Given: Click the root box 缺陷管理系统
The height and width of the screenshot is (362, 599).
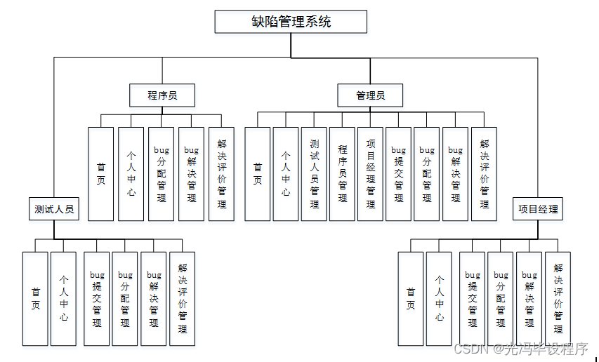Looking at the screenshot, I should tap(291, 22).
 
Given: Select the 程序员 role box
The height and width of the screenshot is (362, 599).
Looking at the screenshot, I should tap(162, 95).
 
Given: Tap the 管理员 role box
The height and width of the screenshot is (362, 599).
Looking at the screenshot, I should tap(370, 95).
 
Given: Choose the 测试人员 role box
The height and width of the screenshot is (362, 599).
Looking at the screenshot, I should tap(54, 208).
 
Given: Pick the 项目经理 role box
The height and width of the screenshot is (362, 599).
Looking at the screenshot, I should tap(539, 208).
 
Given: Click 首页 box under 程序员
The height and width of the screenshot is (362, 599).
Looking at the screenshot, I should tap(101, 173).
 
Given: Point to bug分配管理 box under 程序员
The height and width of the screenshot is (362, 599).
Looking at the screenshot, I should tap(162, 173).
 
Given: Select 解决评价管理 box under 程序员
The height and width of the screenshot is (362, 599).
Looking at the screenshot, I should tap(222, 173).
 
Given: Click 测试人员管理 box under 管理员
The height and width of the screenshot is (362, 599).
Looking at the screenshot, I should tap(314, 173).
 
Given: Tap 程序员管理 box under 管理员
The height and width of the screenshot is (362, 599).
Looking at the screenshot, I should tap(343, 173).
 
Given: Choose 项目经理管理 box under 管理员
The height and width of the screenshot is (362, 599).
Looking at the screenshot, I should tap(371, 173).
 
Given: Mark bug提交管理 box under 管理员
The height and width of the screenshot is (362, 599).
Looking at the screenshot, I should tap(399, 173).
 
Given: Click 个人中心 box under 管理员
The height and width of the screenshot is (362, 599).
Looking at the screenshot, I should tap(286, 173).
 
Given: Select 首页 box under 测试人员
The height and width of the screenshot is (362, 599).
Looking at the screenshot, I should tap(35, 298).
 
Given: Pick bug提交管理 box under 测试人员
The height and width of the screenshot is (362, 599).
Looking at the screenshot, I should tap(96, 298).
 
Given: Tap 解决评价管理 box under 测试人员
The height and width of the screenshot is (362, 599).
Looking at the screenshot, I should tap(183, 298).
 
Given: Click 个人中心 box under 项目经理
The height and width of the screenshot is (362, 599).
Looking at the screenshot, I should tap(439, 298).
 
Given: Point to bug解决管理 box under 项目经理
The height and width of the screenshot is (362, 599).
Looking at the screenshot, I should tap(529, 298).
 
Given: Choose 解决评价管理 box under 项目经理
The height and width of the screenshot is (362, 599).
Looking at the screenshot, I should tap(558, 298).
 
